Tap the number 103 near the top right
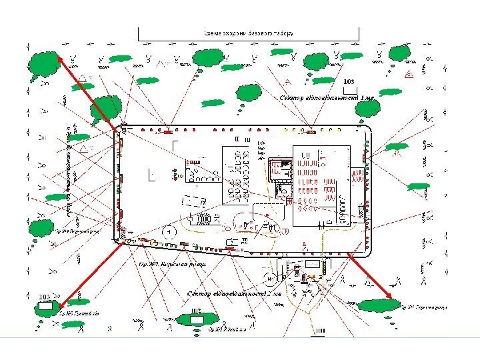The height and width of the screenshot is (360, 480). point(349,81)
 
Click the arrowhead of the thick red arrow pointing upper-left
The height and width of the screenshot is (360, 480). point(59,57)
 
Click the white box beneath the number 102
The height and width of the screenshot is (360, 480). point(197,319)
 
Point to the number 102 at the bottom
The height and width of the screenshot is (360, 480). point(195,311)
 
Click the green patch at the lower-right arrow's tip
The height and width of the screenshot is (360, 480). point(379,305)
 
